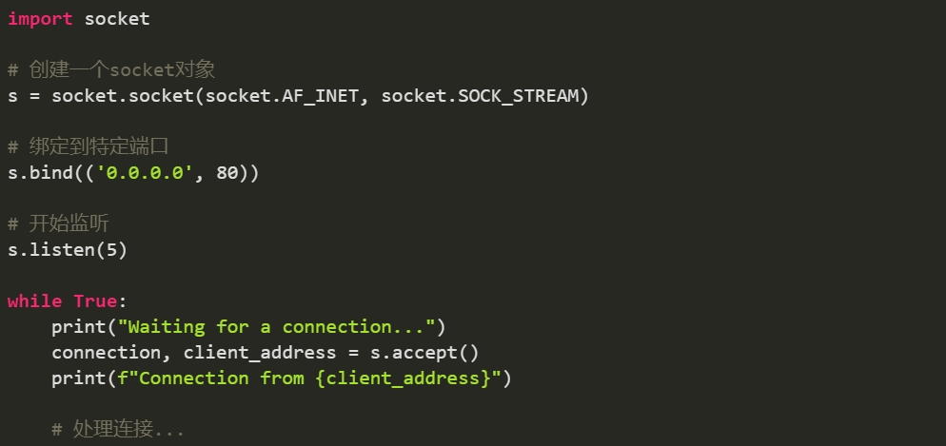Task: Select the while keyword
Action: click(x=34, y=301)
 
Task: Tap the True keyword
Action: click(x=95, y=301)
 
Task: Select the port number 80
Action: click(x=227, y=173)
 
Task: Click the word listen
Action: click(x=62, y=250)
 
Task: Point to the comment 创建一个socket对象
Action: click(x=121, y=70)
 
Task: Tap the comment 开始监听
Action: click(x=67, y=224)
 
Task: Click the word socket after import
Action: click(x=117, y=19)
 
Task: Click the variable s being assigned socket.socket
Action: click(x=12, y=96)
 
